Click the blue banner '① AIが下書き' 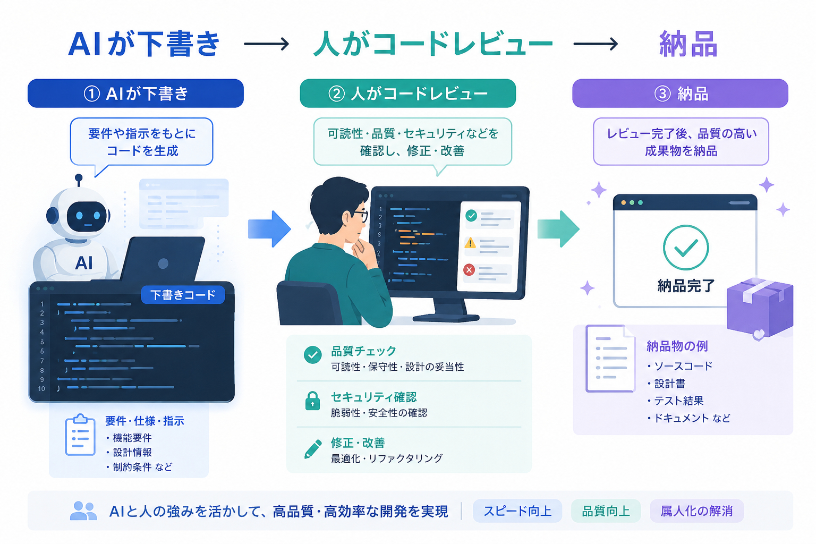tap(135, 93)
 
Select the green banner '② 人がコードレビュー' tap(407, 93)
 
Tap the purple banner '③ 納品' tap(680, 93)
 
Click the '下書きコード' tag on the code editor tap(183, 295)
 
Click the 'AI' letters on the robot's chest tap(84, 263)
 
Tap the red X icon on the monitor tap(469, 270)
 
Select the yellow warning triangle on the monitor tap(470, 243)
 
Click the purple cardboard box tap(760, 308)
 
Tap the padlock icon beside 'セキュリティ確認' tap(312, 401)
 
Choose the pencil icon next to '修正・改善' tap(313, 449)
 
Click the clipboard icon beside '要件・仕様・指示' tap(80, 435)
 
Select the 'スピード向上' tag tap(517, 511)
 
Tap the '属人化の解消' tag tap(696, 511)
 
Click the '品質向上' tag tap(606, 511)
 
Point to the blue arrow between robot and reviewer tap(269, 229)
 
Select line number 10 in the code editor tap(41, 389)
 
